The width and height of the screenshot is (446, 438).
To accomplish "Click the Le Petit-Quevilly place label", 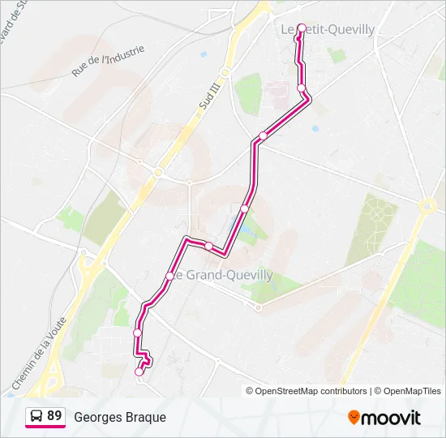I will (328, 30).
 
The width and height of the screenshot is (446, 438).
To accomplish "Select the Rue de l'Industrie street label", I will (108, 61).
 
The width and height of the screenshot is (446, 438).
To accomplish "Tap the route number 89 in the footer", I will (54, 416).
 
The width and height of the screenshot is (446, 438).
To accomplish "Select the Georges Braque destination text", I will (120, 417).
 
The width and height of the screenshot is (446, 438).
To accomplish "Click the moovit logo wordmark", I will (391, 418).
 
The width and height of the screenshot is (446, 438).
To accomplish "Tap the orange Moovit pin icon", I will (354, 417).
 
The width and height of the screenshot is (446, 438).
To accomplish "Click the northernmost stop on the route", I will (302, 28).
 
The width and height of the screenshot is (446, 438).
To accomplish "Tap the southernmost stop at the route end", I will (138, 371).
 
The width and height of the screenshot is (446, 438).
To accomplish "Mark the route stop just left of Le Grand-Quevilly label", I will (169, 277).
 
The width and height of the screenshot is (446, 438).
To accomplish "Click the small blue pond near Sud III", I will (203, 54).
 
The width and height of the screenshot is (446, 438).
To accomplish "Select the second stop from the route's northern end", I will (301, 88).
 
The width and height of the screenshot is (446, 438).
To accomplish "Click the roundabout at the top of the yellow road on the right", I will (427, 207).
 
